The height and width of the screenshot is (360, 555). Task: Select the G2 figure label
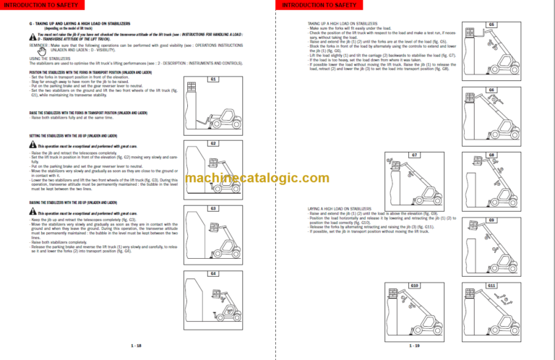(213, 143)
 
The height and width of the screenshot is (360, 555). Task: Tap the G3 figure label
(213, 208)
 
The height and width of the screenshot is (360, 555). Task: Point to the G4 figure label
(213, 274)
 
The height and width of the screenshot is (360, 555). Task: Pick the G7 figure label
(414, 155)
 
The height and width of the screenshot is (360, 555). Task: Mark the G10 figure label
(414, 286)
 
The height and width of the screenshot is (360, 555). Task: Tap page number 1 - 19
(413, 346)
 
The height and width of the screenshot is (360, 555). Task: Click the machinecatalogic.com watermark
(277, 180)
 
